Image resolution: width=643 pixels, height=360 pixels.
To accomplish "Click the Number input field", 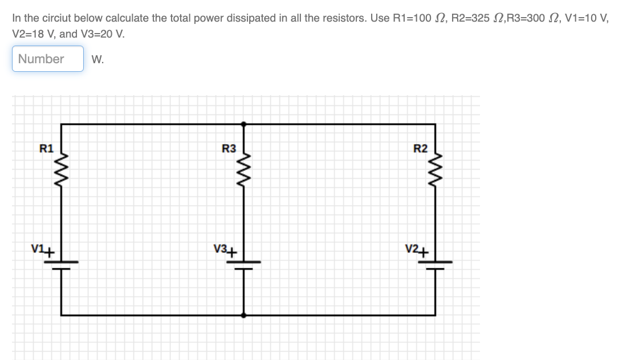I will tap(48, 59).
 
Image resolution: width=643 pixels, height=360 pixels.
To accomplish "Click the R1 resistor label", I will tap(46, 149).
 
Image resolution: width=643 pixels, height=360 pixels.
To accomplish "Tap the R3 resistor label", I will tap(229, 149).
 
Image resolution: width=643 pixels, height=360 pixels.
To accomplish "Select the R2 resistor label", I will tap(420, 149).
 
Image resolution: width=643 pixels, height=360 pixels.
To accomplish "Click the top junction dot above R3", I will tap(244, 123).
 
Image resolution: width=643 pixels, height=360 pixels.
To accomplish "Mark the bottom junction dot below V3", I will tap(244, 314).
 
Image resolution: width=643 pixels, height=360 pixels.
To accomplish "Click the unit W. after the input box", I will tap(97, 59).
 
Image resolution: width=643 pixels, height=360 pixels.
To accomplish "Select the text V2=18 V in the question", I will tap(33, 34).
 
